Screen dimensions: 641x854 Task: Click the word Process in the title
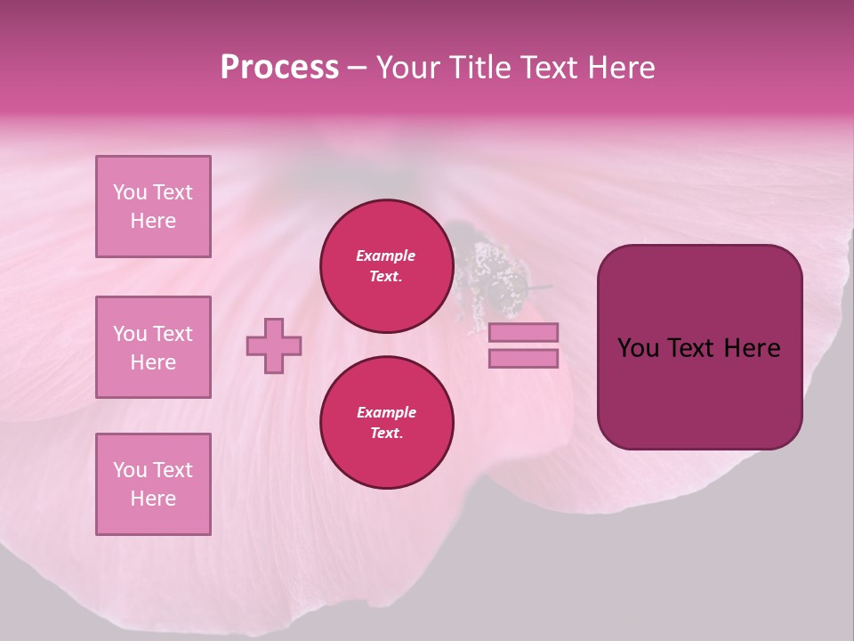click(279, 68)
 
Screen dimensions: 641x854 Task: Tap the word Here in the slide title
click(620, 68)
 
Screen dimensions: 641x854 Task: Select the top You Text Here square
click(153, 207)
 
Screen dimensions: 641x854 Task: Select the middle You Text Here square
click(153, 347)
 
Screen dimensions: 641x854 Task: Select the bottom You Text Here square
click(153, 484)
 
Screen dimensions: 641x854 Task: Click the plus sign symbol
click(274, 345)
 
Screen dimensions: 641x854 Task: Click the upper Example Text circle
click(386, 266)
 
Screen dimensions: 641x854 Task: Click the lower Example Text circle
click(386, 423)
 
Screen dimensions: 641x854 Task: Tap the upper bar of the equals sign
click(523, 332)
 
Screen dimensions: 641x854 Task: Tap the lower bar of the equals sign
click(523, 358)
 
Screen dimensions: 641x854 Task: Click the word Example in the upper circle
click(386, 256)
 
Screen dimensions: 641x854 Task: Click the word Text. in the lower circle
click(386, 434)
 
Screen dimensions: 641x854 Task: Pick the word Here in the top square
click(153, 221)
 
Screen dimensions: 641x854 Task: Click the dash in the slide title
click(357, 68)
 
